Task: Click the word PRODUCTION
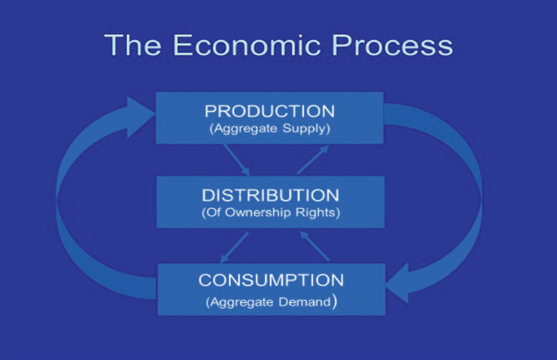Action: coord(269,111)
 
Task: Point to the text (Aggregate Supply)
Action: coord(269,128)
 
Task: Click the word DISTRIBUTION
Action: coord(270,196)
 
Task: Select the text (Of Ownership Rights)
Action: coord(270,214)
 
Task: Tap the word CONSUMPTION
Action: coord(271,280)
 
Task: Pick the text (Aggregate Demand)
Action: coord(272,301)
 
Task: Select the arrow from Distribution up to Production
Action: coord(312,160)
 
